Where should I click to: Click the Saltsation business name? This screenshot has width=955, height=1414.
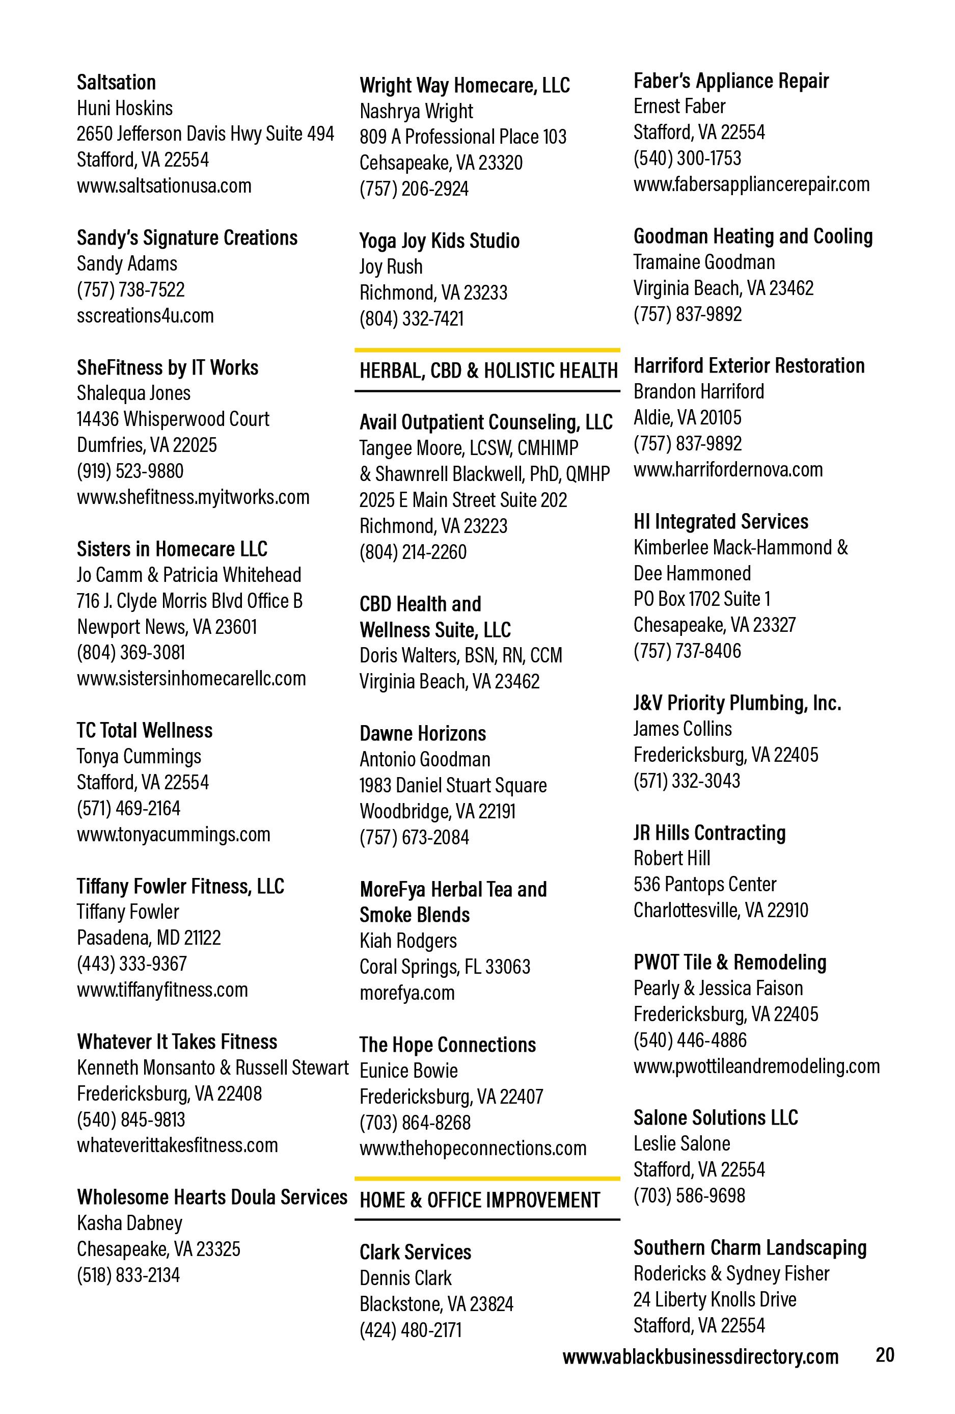pyautogui.click(x=116, y=82)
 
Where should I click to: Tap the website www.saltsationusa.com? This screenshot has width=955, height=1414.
pyautogui.click(x=163, y=185)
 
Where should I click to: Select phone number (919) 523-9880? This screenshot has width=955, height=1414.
pyautogui.click(x=129, y=471)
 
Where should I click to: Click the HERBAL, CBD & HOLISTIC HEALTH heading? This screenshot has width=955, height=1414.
pyautogui.click(x=488, y=370)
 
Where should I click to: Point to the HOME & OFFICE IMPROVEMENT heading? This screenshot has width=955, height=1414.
pyautogui.click(x=479, y=1200)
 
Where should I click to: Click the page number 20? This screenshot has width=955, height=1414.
pyautogui.click(x=884, y=1354)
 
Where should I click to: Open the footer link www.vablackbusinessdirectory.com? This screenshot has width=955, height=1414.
pyautogui.click(x=700, y=1356)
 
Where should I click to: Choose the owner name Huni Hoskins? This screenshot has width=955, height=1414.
pyautogui.click(x=125, y=109)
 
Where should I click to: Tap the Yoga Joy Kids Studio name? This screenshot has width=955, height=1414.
pyautogui.click(x=439, y=241)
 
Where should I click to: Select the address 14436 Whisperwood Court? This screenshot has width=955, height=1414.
pyautogui.click(x=173, y=419)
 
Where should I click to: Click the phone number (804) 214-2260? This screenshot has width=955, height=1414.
pyautogui.click(x=413, y=552)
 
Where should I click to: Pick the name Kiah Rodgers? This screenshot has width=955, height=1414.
pyautogui.click(x=407, y=941)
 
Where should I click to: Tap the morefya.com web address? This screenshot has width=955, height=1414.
pyautogui.click(x=407, y=993)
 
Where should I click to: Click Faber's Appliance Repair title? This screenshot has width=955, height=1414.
pyautogui.click(x=730, y=81)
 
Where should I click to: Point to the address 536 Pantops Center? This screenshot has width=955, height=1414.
pyautogui.click(x=704, y=884)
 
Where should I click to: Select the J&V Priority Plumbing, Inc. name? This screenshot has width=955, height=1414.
pyautogui.click(x=736, y=703)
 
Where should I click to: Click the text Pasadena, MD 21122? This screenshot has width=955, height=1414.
pyautogui.click(x=148, y=938)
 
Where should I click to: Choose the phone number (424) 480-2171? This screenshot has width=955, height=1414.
pyautogui.click(x=410, y=1329)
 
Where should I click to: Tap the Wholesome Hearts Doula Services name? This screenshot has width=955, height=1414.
pyautogui.click(x=212, y=1197)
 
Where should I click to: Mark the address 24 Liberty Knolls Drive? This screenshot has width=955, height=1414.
pyautogui.click(x=714, y=1300)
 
